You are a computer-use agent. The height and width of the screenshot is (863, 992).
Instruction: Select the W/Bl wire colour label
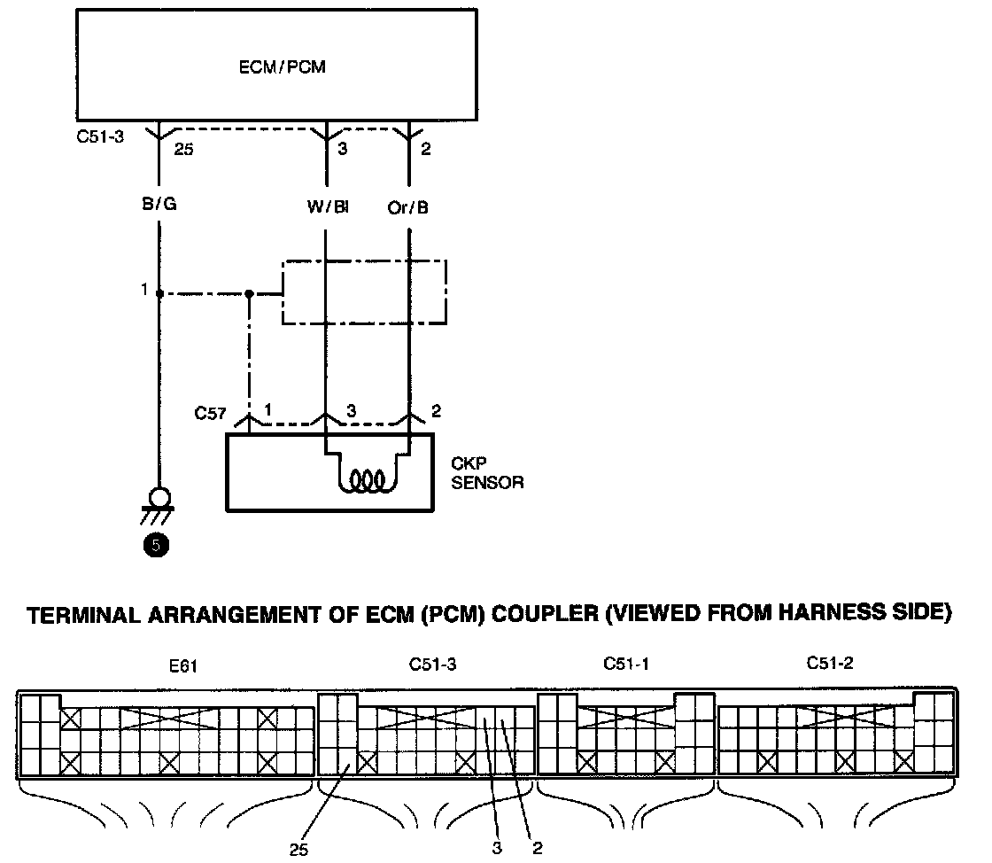pyautogui.click(x=328, y=207)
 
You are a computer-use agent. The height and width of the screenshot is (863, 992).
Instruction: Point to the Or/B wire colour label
pyautogui.click(x=409, y=207)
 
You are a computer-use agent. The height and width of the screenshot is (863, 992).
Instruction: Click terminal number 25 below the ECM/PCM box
pyautogui.click(x=184, y=149)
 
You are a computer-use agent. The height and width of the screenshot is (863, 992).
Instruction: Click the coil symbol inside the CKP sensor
pyautogui.click(x=368, y=480)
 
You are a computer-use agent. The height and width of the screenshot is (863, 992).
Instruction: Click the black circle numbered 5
pyautogui.click(x=157, y=547)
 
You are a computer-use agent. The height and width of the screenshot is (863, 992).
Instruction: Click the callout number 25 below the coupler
pyautogui.click(x=299, y=849)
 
